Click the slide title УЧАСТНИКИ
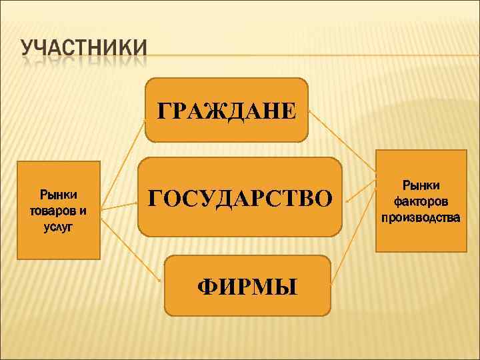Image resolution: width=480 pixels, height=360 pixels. click(84, 51)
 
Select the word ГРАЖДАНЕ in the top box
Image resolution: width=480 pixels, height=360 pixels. click(225, 110)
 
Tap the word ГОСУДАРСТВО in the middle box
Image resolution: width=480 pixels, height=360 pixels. click(239, 198)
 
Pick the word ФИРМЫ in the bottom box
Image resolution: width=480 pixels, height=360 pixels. click(247, 286)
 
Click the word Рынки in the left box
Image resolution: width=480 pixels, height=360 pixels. click(59, 195)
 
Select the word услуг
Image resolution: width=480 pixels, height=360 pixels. click(59, 227)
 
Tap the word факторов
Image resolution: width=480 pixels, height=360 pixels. click(420, 201)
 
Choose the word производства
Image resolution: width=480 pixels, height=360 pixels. click(420, 217)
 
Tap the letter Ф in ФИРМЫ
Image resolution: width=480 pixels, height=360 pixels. click(206, 286)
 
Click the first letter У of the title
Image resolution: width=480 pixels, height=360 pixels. click(28, 51)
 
